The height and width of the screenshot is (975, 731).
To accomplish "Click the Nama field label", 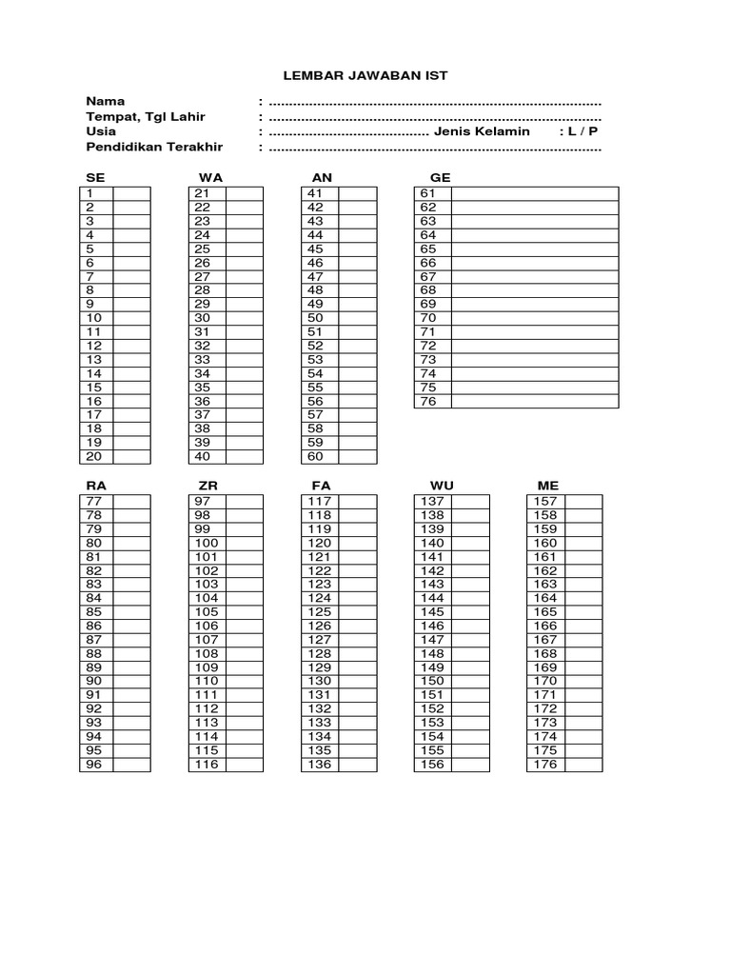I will [105, 101].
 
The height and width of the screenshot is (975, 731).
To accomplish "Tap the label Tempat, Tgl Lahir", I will [145, 116].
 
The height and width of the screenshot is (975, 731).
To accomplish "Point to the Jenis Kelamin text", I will [482, 131].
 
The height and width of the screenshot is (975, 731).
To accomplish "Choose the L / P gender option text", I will [583, 131].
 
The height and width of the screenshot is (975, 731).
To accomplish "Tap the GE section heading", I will [440, 178].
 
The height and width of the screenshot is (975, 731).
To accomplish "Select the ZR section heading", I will [207, 486].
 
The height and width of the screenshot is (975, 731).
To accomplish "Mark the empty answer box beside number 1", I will [132, 193].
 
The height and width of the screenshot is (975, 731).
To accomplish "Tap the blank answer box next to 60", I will [358, 457].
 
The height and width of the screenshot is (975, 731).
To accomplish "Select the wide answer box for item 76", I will [535, 402].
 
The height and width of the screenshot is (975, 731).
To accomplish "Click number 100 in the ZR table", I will [207, 543].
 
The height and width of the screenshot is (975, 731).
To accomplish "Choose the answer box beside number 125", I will [358, 612].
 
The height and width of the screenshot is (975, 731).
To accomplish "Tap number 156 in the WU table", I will [432, 765].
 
